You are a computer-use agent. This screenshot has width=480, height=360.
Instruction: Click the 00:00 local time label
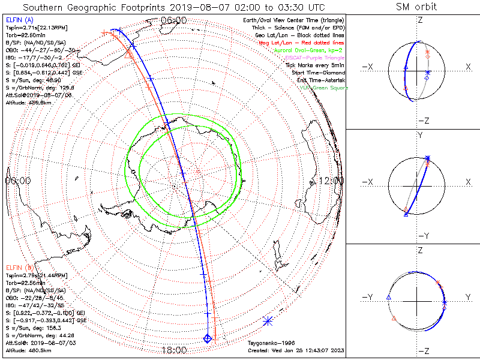[18, 181]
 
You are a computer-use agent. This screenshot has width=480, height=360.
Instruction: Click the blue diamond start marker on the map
[208, 339]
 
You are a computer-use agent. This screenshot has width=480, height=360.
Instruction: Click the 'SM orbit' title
[416, 7]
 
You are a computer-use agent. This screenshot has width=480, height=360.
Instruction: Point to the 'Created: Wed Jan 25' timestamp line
[295, 350]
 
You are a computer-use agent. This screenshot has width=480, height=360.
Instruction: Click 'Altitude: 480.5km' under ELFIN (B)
[28, 349]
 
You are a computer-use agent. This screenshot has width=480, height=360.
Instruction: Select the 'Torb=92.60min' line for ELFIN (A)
[26, 36]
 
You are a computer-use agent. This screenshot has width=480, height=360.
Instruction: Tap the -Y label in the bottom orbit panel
[368, 297]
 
